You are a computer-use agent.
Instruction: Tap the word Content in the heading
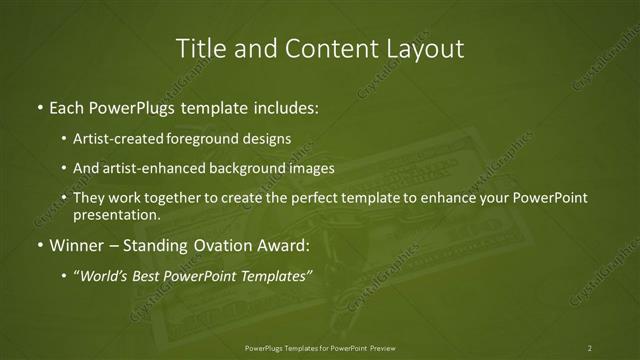click(x=325, y=48)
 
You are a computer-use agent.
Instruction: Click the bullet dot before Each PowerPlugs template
click(x=38, y=105)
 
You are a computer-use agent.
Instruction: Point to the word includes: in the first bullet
click(x=287, y=105)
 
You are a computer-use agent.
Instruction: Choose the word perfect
click(x=319, y=198)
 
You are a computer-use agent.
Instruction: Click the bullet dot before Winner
click(x=38, y=244)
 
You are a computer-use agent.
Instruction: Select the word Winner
click(x=75, y=244)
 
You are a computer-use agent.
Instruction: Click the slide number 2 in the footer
click(x=590, y=348)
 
